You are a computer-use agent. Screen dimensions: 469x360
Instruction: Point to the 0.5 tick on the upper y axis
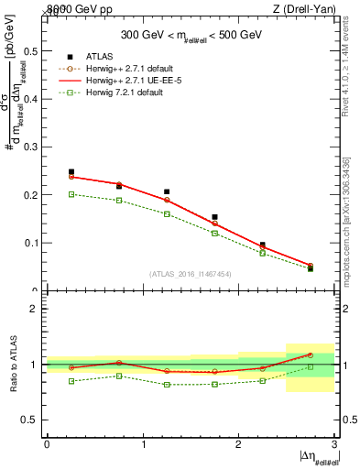click(x=35, y=50)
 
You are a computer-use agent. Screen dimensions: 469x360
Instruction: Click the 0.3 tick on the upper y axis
click(x=35, y=147)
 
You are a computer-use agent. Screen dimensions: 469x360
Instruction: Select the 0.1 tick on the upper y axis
click(x=35, y=243)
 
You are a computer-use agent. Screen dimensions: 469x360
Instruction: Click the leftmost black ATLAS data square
click(x=71, y=172)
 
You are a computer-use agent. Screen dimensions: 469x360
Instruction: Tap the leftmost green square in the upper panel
click(x=71, y=194)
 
